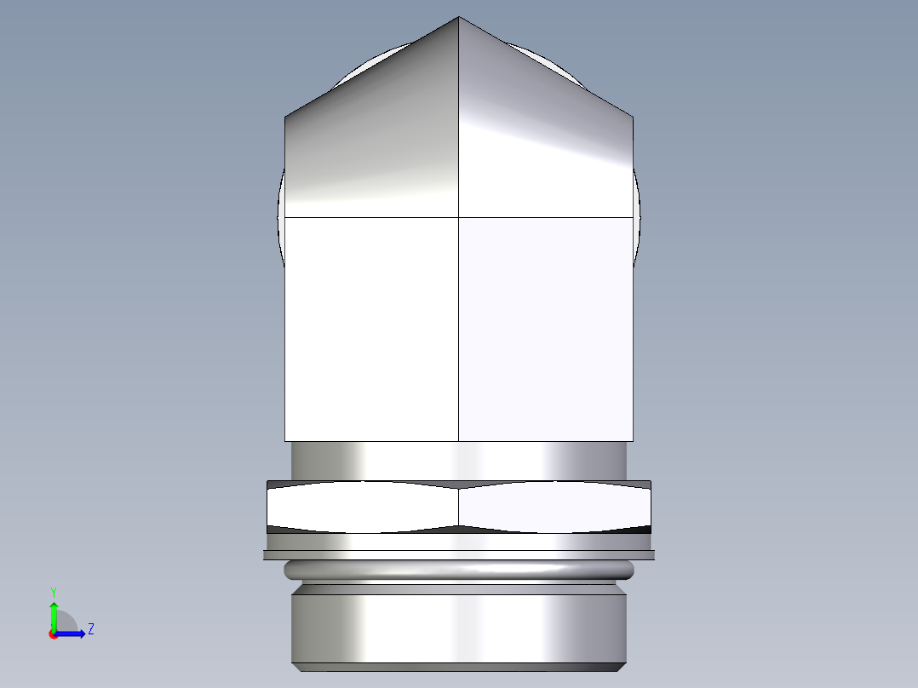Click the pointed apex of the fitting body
(x=459, y=18)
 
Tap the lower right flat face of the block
(x=545, y=328)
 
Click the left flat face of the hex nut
(x=363, y=507)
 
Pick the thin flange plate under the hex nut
(x=459, y=555)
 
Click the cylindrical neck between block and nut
(x=459, y=461)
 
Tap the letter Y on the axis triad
(x=53, y=591)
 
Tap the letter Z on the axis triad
(x=90, y=629)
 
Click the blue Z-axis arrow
(x=73, y=634)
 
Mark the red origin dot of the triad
(x=53, y=634)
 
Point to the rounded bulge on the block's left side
(x=280, y=213)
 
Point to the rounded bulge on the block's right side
(x=636, y=213)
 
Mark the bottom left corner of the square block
(x=284, y=441)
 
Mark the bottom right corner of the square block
(x=633, y=441)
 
